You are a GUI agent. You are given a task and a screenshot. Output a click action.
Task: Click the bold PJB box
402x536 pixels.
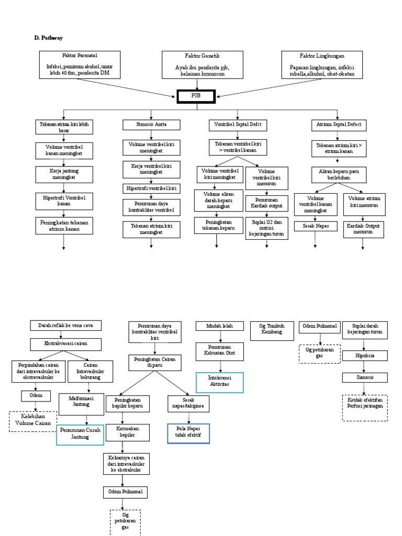[x=196, y=97]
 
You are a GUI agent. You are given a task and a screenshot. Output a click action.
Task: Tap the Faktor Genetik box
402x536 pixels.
[x=202, y=64]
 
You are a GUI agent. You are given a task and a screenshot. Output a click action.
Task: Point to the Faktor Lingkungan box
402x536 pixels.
[x=322, y=64]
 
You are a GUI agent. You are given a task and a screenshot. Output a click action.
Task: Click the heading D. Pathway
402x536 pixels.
[x=48, y=38]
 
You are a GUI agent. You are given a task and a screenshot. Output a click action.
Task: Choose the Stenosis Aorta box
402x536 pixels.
[x=152, y=125]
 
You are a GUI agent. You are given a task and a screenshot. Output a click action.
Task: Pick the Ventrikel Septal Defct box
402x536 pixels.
[x=238, y=125]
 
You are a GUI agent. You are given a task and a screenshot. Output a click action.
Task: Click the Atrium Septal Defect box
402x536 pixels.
[x=338, y=125]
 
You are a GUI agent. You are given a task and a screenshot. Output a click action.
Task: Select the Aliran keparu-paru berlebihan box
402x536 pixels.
[x=338, y=174]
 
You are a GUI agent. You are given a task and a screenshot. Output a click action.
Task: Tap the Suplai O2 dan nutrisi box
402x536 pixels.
[x=267, y=228]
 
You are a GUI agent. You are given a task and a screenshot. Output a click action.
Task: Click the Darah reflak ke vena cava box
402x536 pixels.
[x=66, y=326]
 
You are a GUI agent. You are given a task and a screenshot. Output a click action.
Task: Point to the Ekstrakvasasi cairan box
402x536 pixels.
[x=66, y=344]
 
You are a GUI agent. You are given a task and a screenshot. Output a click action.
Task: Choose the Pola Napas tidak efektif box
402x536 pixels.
[x=188, y=433]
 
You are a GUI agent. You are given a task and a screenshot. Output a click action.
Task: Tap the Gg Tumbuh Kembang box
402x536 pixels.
[x=271, y=331]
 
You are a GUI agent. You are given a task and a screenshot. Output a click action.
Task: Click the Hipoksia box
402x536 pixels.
[x=365, y=356]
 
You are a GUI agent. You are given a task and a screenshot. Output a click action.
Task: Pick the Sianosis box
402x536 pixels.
[x=365, y=377]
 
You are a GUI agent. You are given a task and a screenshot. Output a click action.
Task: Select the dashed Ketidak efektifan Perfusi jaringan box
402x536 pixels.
[x=365, y=407]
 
